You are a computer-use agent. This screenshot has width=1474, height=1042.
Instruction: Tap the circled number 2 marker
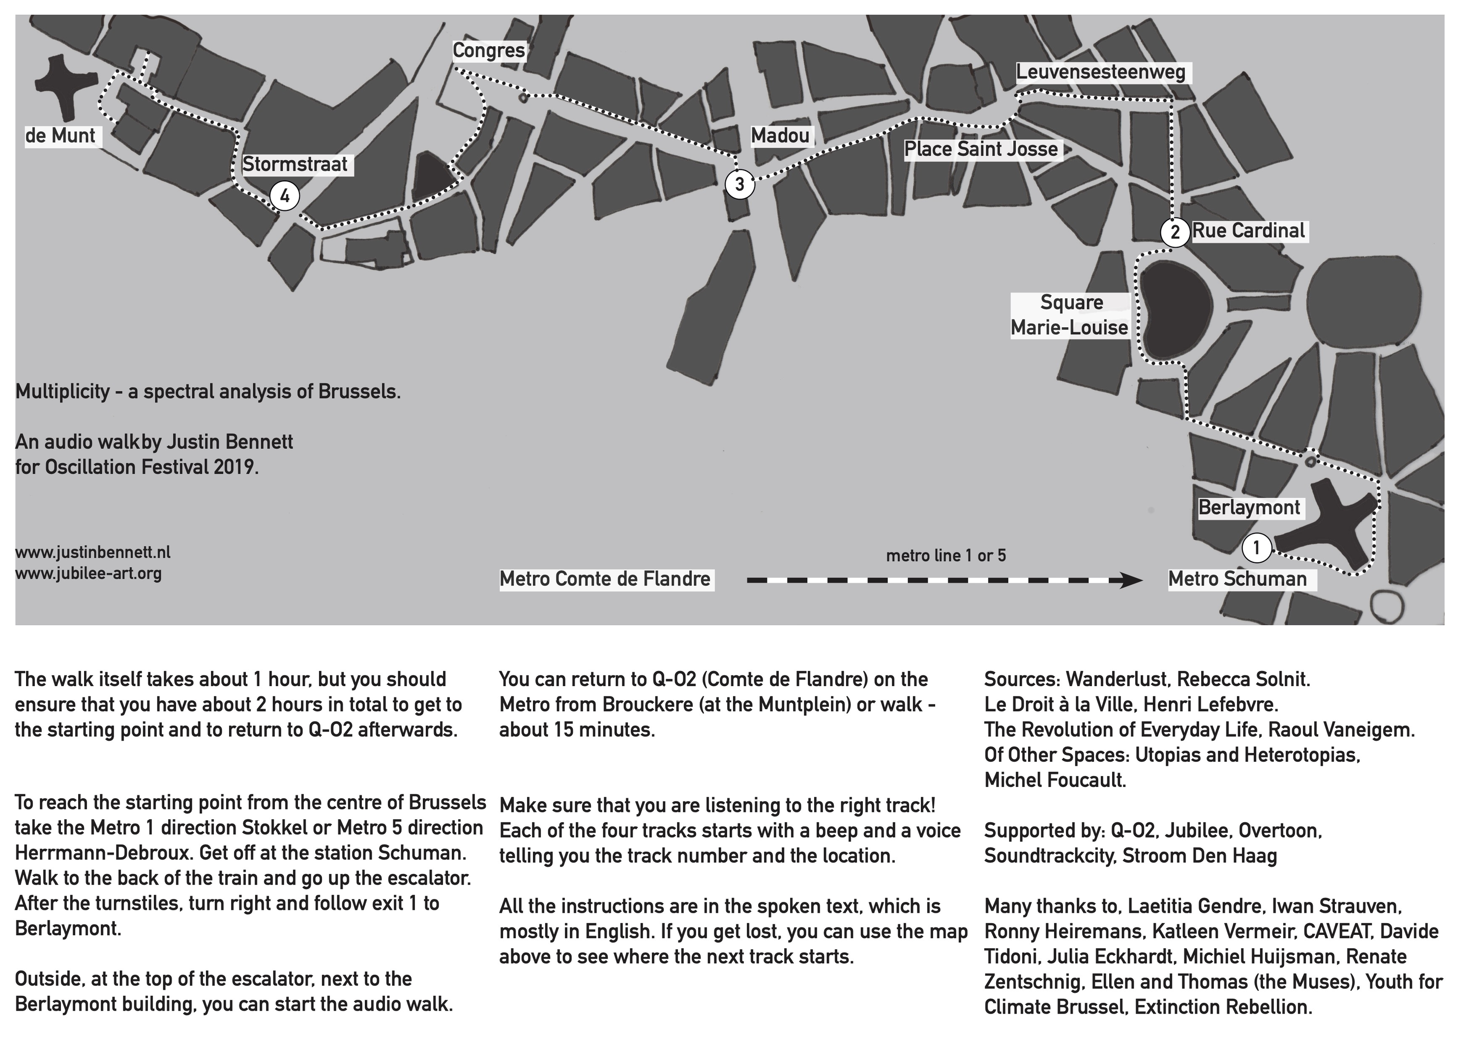point(1175,232)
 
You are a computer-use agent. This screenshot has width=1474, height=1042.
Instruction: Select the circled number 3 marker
point(739,184)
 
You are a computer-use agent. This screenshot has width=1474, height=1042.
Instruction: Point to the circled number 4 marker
point(284,196)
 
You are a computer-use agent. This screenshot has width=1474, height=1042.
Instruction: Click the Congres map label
point(489,50)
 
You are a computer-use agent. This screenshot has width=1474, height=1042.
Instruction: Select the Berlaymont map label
point(1249,508)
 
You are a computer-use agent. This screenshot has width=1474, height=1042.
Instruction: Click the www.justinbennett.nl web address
point(92,552)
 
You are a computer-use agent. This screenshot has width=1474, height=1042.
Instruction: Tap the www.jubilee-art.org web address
point(88,573)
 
